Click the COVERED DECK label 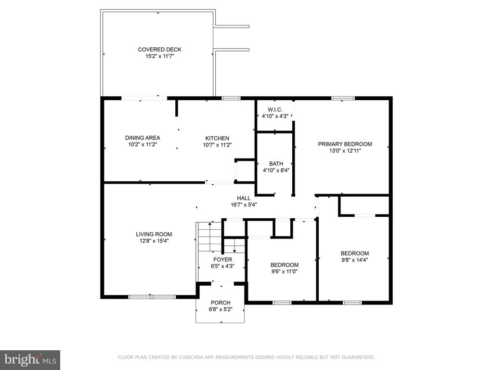coord(159,50)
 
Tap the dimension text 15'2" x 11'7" coord(159,56)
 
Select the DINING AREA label coord(143,138)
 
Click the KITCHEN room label coord(217,138)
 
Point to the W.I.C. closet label coord(275,109)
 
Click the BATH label coord(276,164)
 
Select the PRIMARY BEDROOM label coord(345,144)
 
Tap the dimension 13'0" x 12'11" coord(345,151)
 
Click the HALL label coord(244,198)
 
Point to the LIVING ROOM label coord(154,234)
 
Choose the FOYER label coord(222,260)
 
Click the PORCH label coord(221,303)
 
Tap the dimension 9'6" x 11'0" coord(284,272)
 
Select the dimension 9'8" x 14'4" coord(355,260)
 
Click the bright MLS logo coord(30,360)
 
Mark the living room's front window coord(152,297)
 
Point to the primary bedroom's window coord(343,98)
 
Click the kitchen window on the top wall coord(231,98)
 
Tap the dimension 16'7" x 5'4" coord(244,205)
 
